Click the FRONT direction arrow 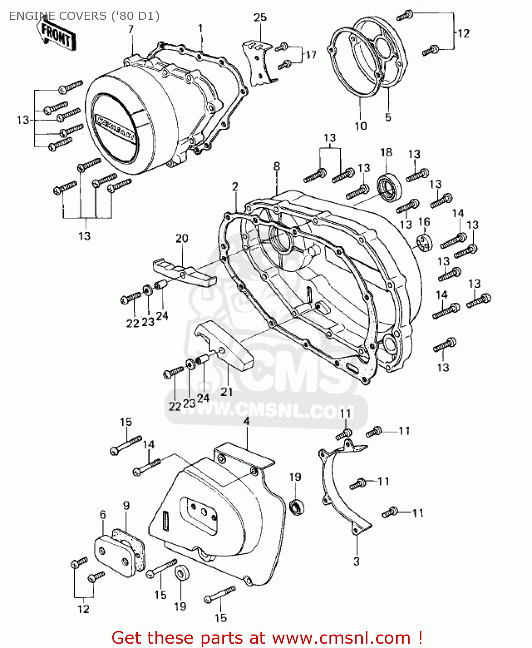(57, 35)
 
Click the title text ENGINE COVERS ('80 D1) (84, 16)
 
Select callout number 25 (260, 18)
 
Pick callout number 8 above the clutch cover (277, 166)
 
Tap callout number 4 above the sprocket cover (246, 421)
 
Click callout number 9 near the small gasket (126, 505)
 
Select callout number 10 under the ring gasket (361, 126)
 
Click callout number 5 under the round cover (388, 118)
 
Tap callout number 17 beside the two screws (311, 55)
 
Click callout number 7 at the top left (131, 29)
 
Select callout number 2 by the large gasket (235, 187)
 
